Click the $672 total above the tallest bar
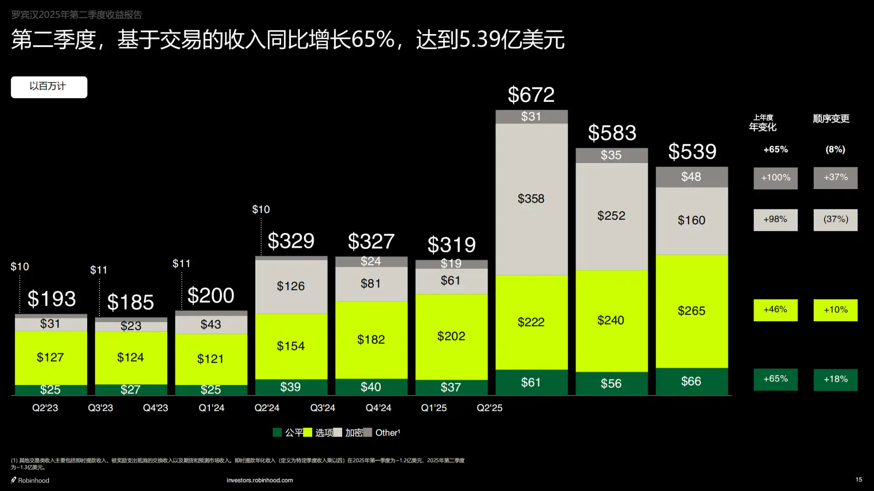pyautogui.click(x=531, y=95)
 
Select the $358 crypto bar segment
pyautogui.click(x=531, y=199)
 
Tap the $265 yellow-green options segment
pyautogui.click(x=691, y=311)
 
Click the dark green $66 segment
pyautogui.click(x=691, y=382)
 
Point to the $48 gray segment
pyautogui.click(x=691, y=177)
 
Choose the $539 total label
pyautogui.click(x=692, y=152)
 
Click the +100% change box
pyautogui.click(x=775, y=178)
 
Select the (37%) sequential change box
pyautogui.click(x=835, y=220)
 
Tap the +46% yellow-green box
pyautogui.click(x=775, y=310)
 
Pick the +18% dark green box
pyautogui.click(x=835, y=379)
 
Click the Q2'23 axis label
pyautogui.click(x=45, y=408)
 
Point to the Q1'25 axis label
pyautogui.click(x=434, y=408)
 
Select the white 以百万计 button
pyautogui.click(x=49, y=87)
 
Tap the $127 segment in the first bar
pyautogui.click(x=51, y=358)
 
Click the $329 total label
pyautogui.click(x=291, y=241)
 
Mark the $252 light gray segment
pyautogui.click(x=611, y=216)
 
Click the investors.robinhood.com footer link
pyautogui.click(x=260, y=480)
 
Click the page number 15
pyautogui.click(x=858, y=480)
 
